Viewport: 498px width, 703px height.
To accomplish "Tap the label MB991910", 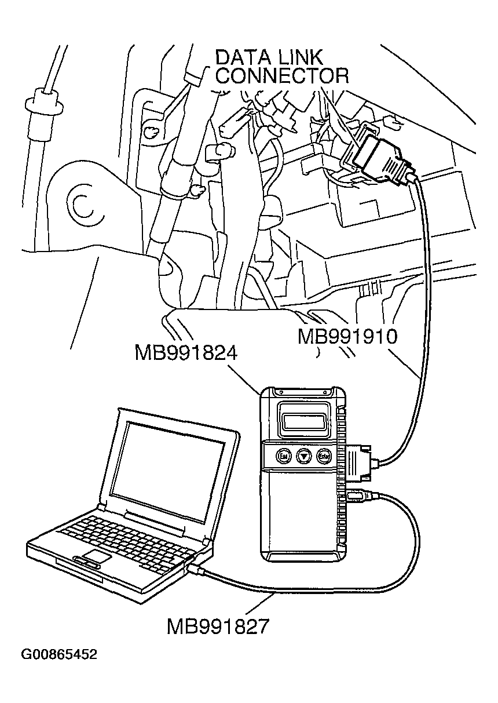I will [x=347, y=337].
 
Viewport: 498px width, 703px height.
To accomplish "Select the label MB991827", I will [x=218, y=626].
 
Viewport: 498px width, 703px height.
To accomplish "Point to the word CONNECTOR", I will [x=283, y=76].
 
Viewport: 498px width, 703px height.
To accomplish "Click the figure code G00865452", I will [x=59, y=655].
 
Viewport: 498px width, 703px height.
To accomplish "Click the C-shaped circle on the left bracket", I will [x=80, y=204].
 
